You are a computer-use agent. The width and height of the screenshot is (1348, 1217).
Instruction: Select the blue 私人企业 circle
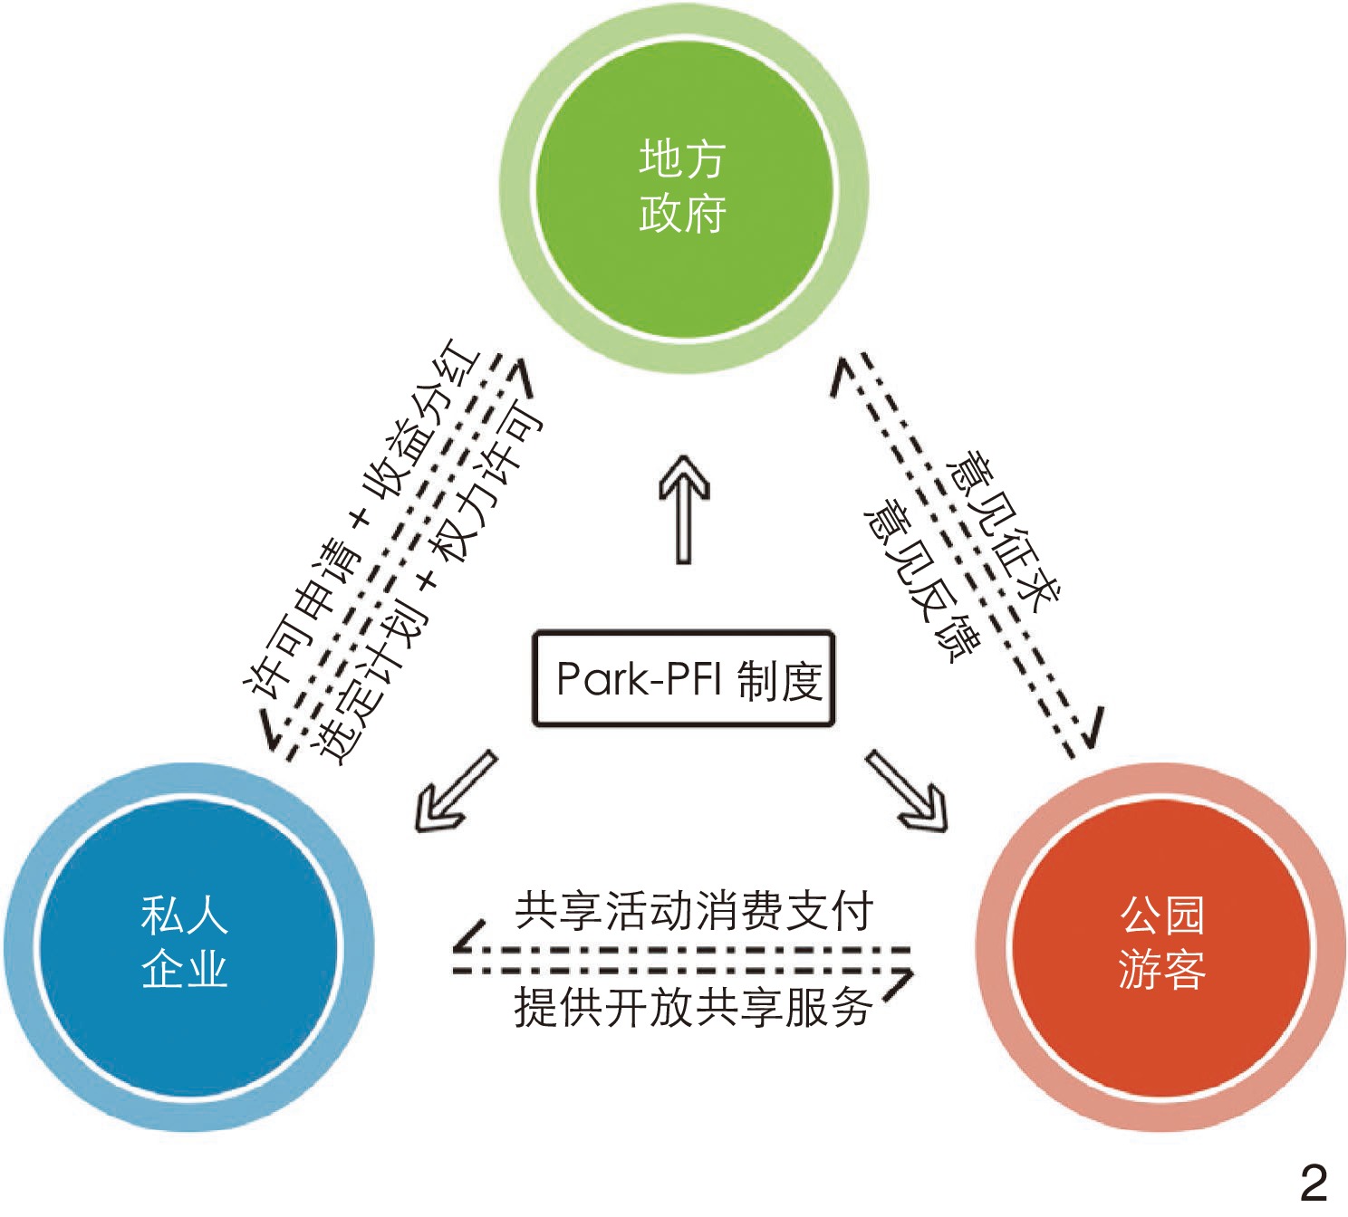[186, 946]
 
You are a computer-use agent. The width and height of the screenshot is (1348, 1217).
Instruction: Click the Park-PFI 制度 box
[683, 678]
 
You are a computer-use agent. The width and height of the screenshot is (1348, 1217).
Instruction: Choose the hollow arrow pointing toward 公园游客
[908, 791]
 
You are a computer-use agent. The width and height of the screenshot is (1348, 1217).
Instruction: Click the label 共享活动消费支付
[693, 911]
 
